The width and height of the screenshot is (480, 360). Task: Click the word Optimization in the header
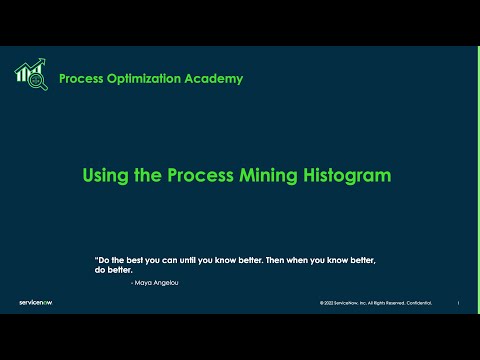click(x=153, y=79)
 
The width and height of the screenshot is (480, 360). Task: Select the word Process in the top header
click(x=85, y=79)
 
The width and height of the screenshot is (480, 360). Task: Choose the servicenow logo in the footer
click(x=37, y=302)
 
